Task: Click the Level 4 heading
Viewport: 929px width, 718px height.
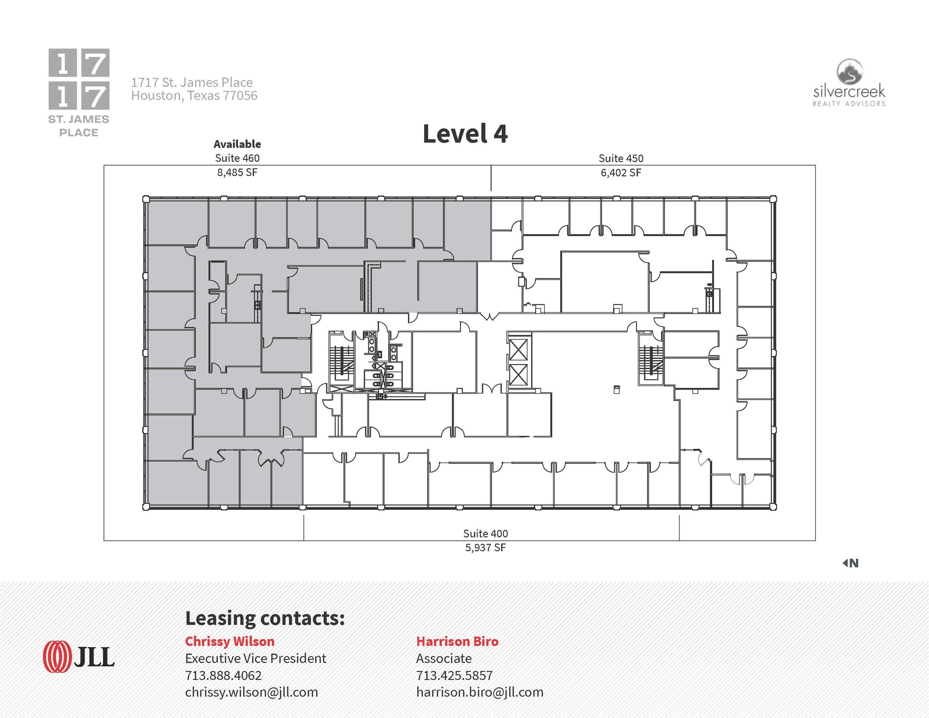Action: pyautogui.click(x=465, y=134)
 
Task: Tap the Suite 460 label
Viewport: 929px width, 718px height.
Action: pyautogui.click(x=237, y=158)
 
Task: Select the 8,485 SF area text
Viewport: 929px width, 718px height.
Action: pyautogui.click(x=237, y=172)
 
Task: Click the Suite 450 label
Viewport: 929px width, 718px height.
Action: pyautogui.click(x=621, y=158)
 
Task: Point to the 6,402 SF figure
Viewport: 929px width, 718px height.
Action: pyautogui.click(x=621, y=173)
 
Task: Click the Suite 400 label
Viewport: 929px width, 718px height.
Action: pyautogui.click(x=485, y=533)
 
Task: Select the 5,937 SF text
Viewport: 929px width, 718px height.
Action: pyautogui.click(x=485, y=547)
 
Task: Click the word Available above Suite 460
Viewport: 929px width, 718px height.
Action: pyautogui.click(x=237, y=144)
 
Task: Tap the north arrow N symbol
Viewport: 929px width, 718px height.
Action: pyautogui.click(x=851, y=563)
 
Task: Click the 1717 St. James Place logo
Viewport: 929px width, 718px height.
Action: pyautogui.click(x=79, y=93)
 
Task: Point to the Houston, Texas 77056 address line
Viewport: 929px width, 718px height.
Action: pyautogui.click(x=194, y=96)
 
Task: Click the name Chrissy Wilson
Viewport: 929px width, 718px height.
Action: pyautogui.click(x=230, y=641)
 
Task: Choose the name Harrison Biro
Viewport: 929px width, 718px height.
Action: pyautogui.click(x=457, y=641)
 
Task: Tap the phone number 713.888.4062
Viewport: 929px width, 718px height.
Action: pyautogui.click(x=223, y=675)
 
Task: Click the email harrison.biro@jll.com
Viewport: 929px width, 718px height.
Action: pyautogui.click(x=479, y=692)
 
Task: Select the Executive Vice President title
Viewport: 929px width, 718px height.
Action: pyautogui.click(x=255, y=658)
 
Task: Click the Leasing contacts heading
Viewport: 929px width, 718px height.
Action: pyautogui.click(x=265, y=618)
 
